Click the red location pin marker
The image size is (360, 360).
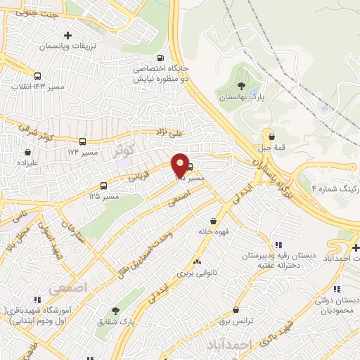181,165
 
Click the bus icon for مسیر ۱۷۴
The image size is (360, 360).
83,141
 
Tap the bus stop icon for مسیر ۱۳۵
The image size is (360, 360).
104,186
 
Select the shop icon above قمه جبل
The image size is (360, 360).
268,136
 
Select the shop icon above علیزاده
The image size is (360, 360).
28,151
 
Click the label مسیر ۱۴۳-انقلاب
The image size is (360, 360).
37,86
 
